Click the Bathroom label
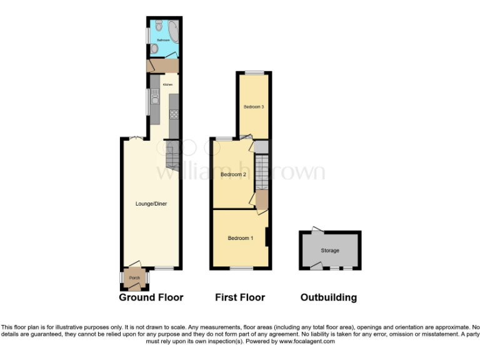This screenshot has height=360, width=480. (x=163, y=40)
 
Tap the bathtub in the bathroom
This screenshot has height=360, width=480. (x=173, y=31)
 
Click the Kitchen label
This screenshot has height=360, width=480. (x=167, y=84)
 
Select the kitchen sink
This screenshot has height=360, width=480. (x=154, y=97)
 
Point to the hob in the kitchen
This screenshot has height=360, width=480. (x=174, y=114)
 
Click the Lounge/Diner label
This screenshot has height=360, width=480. (x=151, y=204)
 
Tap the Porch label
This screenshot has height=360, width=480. (x=134, y=277)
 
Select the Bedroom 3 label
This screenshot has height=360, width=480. (x=254, y=107)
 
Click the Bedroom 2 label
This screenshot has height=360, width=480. (x=232, y=174)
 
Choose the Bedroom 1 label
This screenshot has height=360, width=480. (x=241, y=238)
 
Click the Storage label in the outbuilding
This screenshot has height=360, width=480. (x=330, y=251)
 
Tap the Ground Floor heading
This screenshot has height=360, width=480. (x=151, y=297)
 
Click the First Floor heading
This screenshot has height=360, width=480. (x=240, y=297)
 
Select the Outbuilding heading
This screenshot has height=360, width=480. (x=329, y=297)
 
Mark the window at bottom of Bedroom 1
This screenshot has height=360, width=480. (x=241, y=269)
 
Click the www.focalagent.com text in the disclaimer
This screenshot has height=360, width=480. (x=307, y=341)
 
